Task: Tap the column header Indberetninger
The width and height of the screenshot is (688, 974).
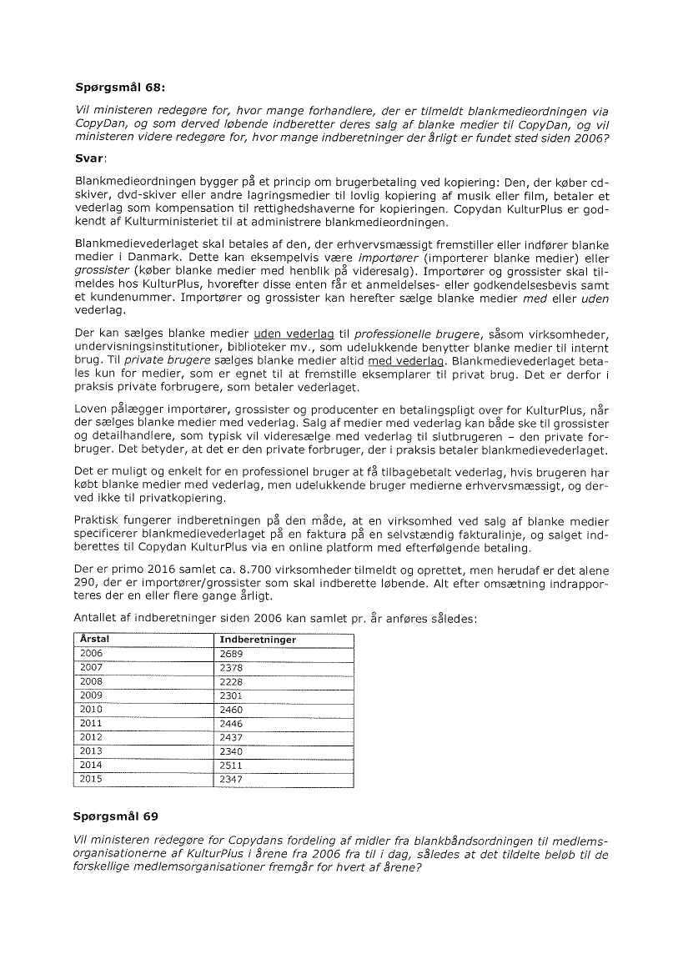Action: coord(257,640)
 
